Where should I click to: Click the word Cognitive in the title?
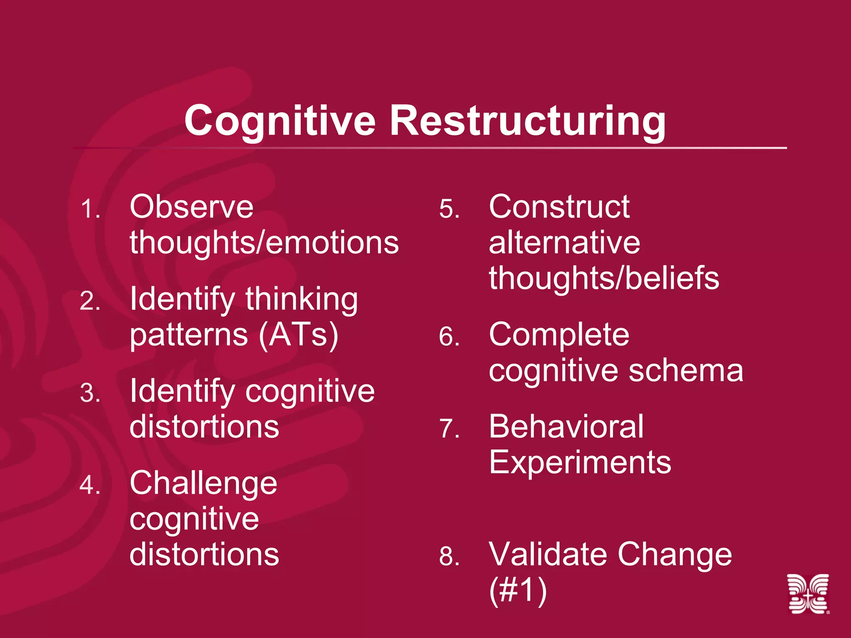280,121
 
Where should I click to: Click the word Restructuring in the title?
527,121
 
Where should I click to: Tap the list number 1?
90,209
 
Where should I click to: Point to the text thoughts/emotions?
264,243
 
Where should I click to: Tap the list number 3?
90,393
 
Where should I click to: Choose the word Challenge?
203,483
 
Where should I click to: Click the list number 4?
90,485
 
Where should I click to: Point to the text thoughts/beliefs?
604,278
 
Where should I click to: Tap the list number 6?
449,336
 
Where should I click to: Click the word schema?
686,371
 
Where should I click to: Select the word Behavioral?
566,427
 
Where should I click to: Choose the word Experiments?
580,462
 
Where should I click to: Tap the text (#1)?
517,590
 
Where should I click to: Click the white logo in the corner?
808,594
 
